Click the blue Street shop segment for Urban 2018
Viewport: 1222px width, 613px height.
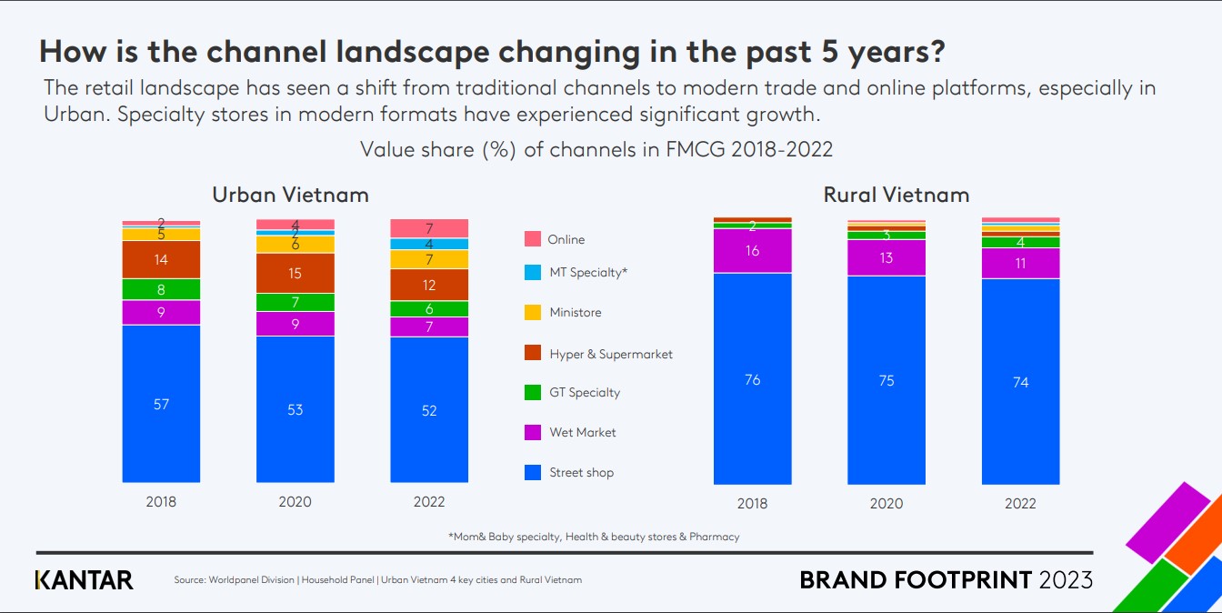click(x=161, y=427)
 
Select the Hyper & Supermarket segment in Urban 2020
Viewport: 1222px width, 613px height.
click(x=295, y=273)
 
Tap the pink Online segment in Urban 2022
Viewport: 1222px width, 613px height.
click(x=429, y=228)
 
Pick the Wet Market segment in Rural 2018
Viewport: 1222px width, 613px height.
click(x=752, y=251)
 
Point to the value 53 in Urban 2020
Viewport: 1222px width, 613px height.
click(x=295, y=409)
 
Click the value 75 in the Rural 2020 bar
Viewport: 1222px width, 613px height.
click(x=886, y=380)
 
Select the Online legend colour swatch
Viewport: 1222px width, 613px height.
click(x=533, y=239)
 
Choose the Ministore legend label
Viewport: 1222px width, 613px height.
click(x=576, y=312)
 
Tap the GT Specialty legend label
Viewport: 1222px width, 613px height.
click(x=585, y=392)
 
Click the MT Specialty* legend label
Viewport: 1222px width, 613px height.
click(x=589, y=272)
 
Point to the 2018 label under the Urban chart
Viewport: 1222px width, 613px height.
click(x=161, y=501)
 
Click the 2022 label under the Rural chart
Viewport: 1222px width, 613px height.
click(x=1020, y=503)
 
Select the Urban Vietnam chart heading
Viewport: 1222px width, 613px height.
click(x=290, y=195)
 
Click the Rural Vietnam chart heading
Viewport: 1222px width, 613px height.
click(x=896, y=195)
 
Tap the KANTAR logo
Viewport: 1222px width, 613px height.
click(x=84, y=579)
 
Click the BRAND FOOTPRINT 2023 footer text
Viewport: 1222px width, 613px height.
click(x=946, y=579)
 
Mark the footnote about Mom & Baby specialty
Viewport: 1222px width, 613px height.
click(x=594, y=537)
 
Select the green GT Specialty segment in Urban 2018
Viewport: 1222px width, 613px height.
click(x=161, y=289)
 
